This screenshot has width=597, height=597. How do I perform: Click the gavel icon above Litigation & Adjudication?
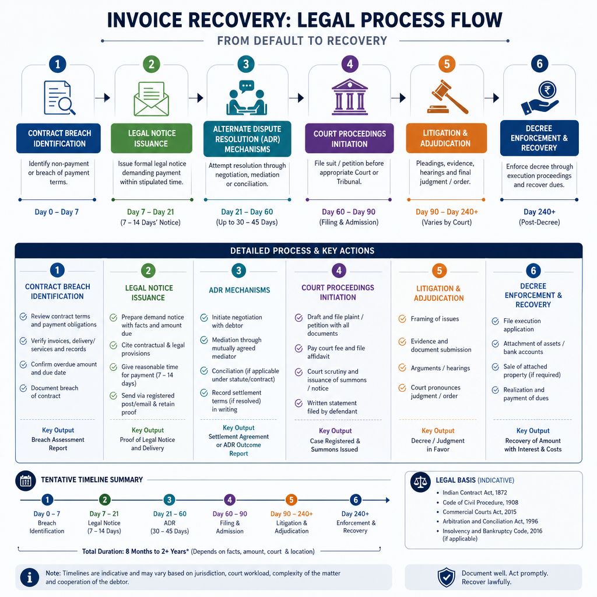tap(447, 97)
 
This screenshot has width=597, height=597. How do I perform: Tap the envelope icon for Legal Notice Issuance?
tap(151, 99)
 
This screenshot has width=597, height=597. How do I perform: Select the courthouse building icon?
tap(350, 97)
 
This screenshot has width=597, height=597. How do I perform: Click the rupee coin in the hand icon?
tap(547, 90)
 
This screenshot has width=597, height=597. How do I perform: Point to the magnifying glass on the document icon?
tap(68, 105)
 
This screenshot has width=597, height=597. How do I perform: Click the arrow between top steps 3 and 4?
tap(296, 98)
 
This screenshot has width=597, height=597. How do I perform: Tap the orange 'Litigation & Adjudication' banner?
tap(446, 138)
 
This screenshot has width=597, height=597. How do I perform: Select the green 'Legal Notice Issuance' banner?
tap(152, 138)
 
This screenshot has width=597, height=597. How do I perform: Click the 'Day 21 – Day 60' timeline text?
tap(247, 212)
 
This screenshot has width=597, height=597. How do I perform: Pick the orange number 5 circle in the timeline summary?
tap(292, 500)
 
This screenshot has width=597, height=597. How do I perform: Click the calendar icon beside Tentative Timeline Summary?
tap(26, 480)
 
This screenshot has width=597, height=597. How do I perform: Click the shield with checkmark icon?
tap(446, 577)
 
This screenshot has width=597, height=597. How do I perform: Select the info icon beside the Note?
tap(30, 577)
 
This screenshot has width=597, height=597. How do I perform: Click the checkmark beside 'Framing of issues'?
tap(402, 319)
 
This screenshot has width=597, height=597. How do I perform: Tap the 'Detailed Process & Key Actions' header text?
tap(303, 251)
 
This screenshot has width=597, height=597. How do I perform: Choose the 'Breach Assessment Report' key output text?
tap(58, 444)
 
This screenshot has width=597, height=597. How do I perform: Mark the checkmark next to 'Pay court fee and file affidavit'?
tap(299, 349)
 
